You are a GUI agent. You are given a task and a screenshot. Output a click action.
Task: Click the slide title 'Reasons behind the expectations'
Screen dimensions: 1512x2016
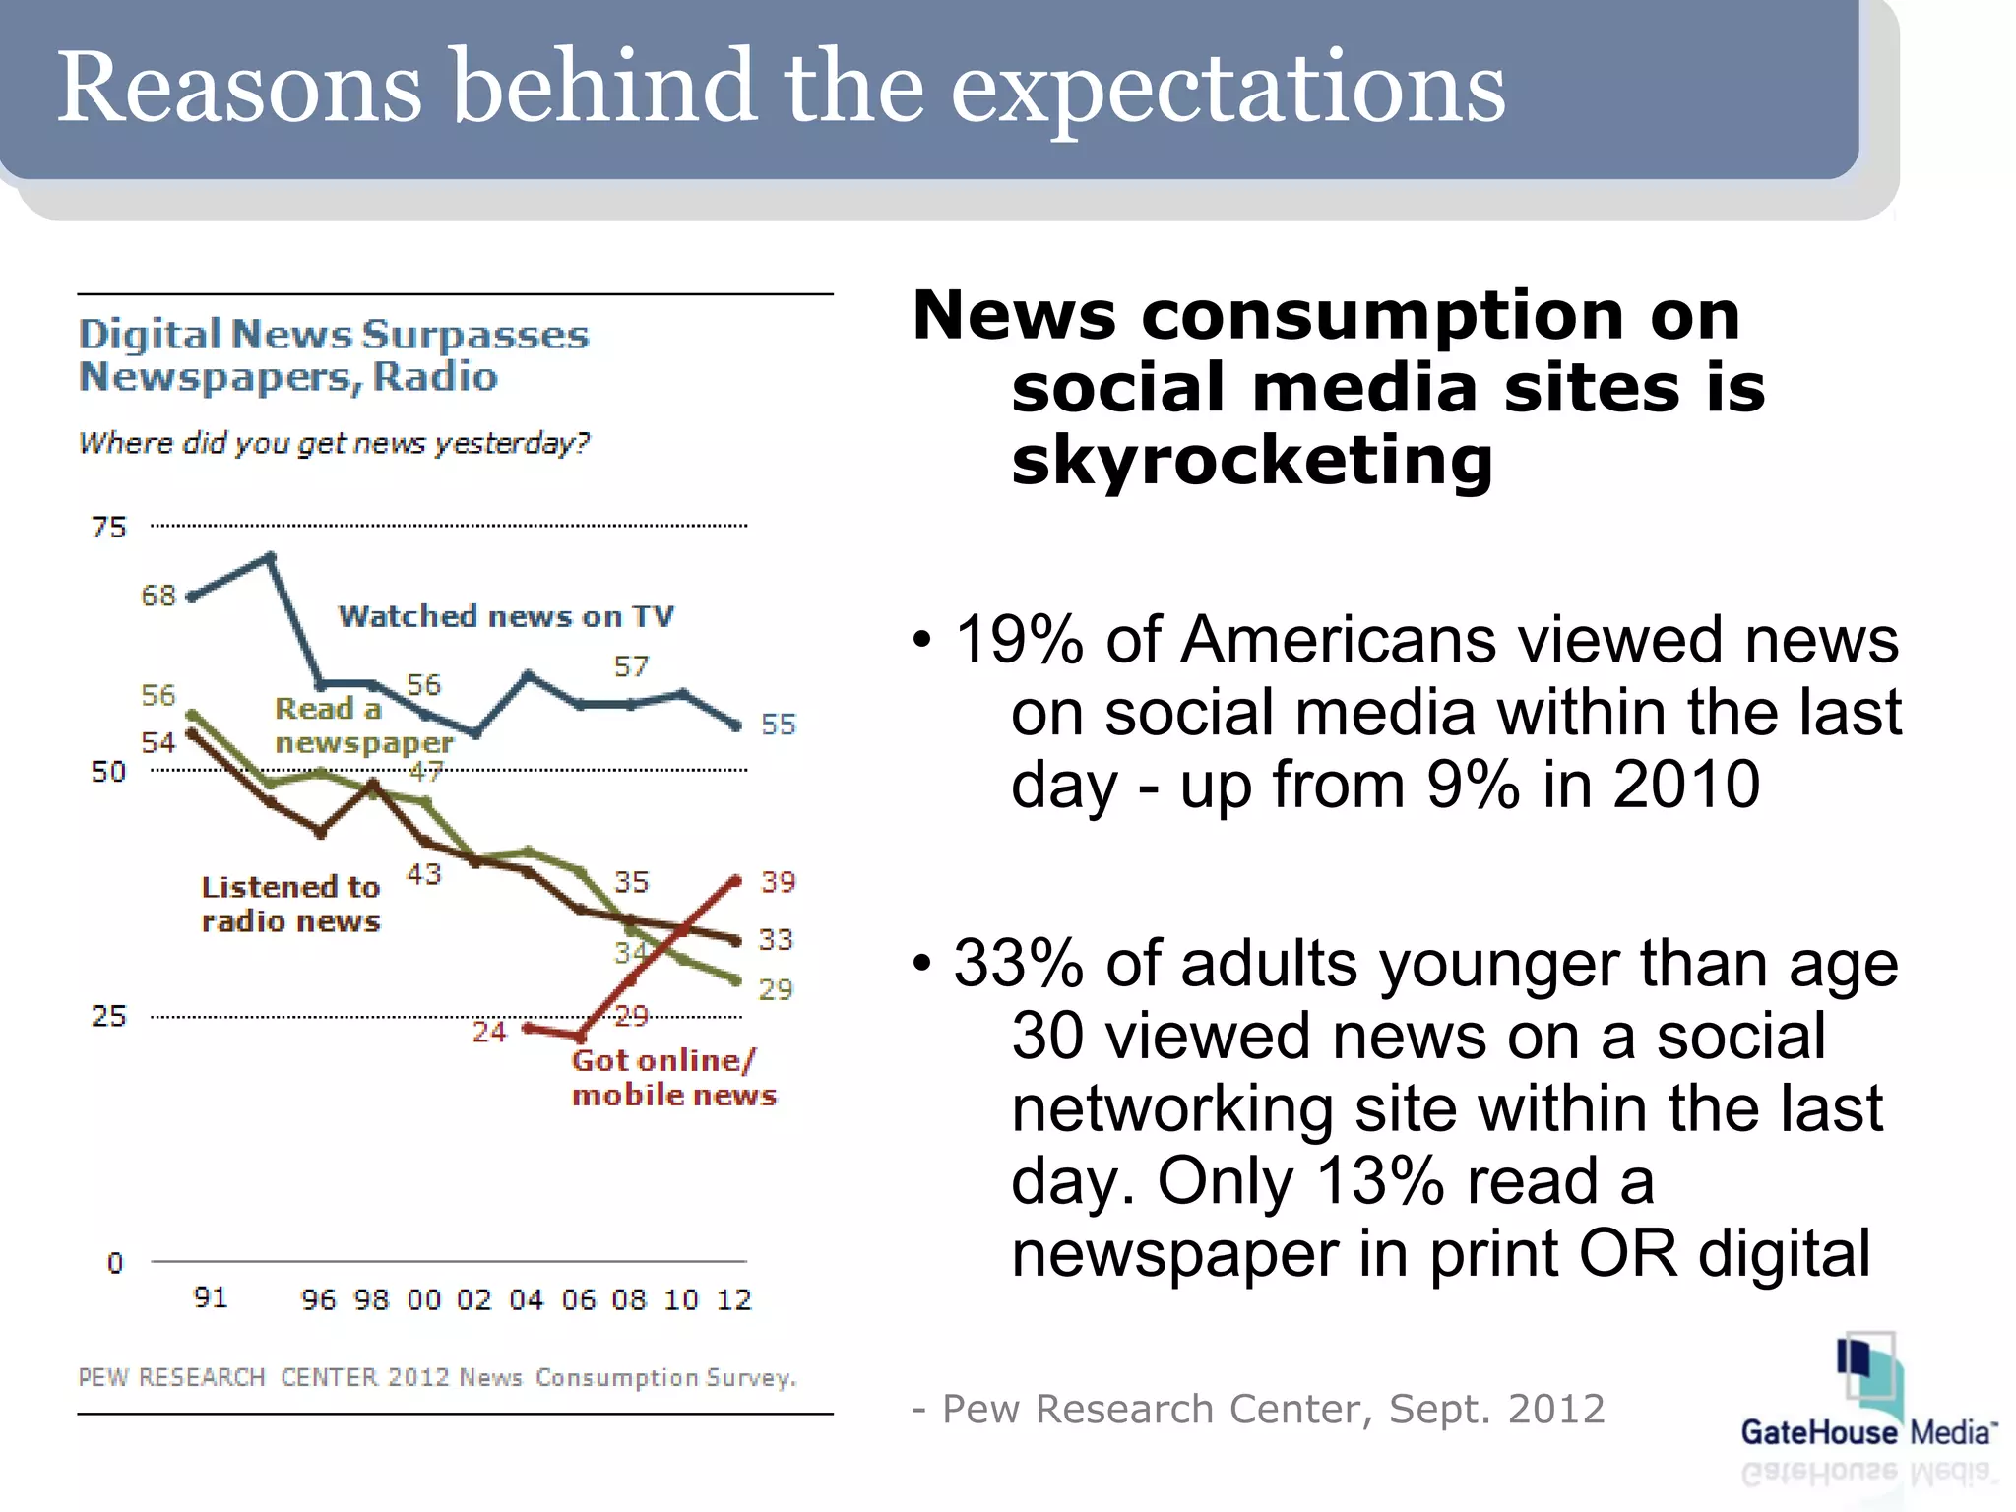(x=781, y=89)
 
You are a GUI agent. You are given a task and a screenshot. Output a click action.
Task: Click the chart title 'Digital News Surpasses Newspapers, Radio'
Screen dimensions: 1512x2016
(x=334, y=355)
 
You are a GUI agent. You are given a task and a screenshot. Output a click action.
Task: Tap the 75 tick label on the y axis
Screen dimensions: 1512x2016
(x=109, y=528)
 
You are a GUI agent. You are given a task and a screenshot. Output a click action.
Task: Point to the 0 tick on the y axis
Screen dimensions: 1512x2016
(x=115, y=1263)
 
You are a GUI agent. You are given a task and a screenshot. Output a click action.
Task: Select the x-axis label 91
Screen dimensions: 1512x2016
(x=211, y=1297)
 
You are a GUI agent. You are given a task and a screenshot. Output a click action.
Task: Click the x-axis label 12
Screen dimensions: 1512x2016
(x=733, y=1300)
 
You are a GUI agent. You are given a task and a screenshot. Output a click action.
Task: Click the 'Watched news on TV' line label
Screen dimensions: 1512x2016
(x=506, y=617)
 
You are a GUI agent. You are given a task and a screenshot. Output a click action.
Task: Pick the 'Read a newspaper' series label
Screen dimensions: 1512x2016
(x=363, y=725)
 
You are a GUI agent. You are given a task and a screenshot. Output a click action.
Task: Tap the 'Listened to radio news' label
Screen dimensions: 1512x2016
(x=290, y=904)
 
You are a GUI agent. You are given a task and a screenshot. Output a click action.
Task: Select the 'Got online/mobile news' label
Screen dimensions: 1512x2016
(x=673, y=1078)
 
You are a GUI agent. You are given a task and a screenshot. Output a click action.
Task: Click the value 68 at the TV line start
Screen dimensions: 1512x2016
(x=158, y=596)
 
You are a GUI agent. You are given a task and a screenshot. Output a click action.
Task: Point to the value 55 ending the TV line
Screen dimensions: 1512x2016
(x=778, y=724)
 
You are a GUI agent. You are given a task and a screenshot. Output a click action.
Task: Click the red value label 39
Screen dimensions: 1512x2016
(x=778, y=882)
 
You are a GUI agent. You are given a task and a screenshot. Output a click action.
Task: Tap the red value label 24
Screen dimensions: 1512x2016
(x=489, y=1032)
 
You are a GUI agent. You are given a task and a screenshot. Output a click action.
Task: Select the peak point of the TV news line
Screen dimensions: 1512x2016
(x=271, y=557)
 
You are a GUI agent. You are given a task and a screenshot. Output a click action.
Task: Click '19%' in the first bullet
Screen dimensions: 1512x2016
(x=1018, y=641)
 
